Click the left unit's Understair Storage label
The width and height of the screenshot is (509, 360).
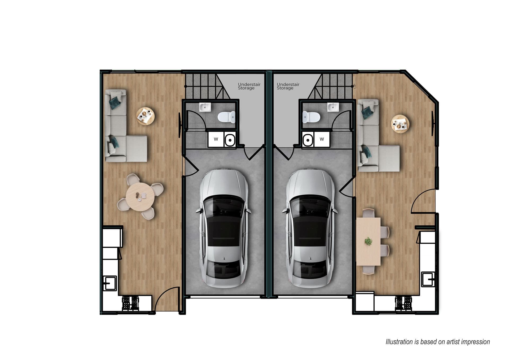[249, 86]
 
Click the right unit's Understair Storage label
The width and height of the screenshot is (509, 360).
[288, 86]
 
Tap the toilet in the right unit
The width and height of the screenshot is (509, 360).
[311, 117]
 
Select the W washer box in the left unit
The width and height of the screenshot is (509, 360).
[216, 139]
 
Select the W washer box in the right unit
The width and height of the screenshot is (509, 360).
[322, 139]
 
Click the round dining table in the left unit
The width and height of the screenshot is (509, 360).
[140, 197]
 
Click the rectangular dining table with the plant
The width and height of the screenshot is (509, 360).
[368, 242]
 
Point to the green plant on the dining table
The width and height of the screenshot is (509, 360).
[368, 241]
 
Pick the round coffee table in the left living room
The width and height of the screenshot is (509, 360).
[145, 116]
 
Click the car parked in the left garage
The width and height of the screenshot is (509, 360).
[223, 228]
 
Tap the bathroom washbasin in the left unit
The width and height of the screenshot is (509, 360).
[205, 107]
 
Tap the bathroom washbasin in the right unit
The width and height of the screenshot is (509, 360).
[333, 107]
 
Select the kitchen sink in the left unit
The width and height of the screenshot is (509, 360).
[109, 283]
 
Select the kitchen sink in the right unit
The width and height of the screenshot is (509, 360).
[428, 279]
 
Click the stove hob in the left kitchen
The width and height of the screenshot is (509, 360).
[130, 303]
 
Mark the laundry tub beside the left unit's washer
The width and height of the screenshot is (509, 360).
[230, 139]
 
